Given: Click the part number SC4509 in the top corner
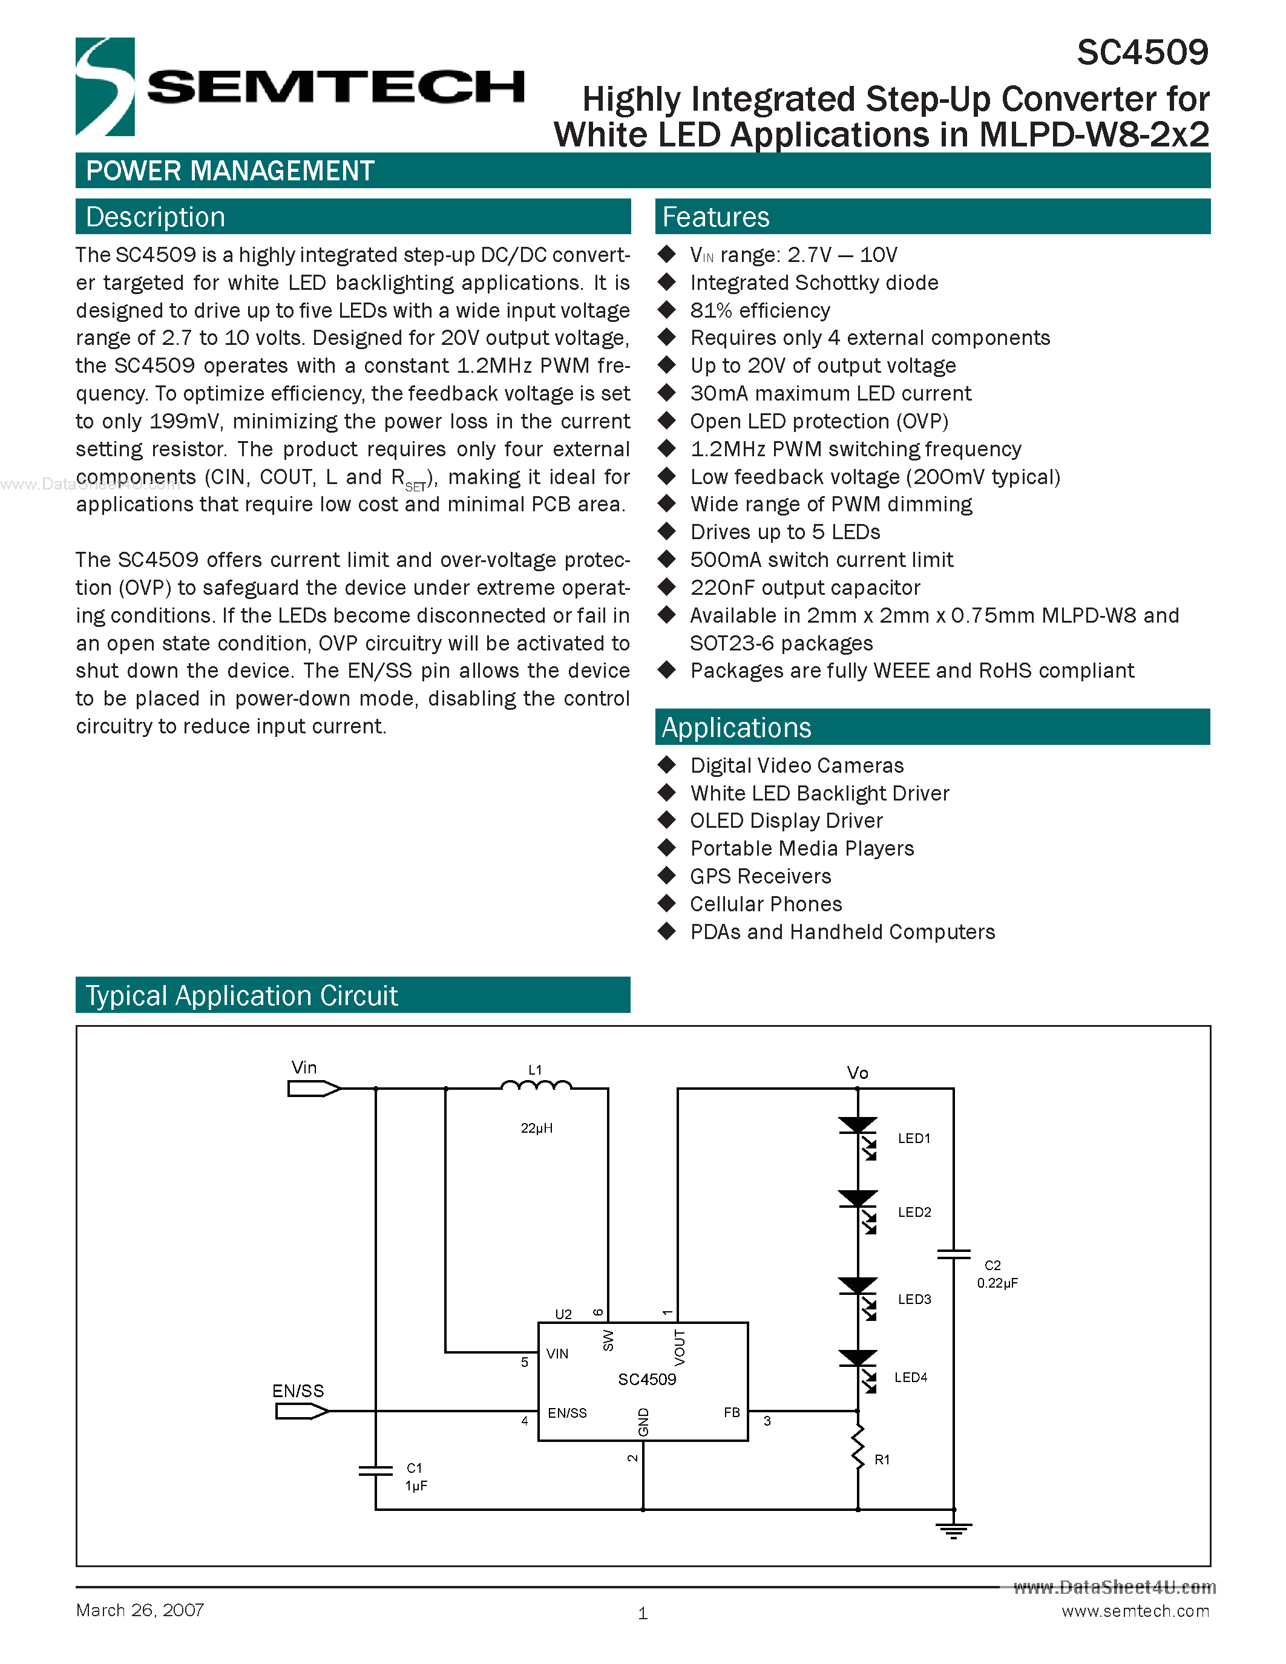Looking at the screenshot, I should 1142,53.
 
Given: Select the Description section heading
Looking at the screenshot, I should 156,217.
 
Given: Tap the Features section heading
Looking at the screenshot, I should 715,217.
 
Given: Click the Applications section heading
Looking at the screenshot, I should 736,727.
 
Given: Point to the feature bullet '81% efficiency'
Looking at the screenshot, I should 759,311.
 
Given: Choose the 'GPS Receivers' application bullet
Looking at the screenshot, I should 759,876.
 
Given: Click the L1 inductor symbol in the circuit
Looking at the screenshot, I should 536,1086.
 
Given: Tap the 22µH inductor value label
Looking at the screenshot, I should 536,1128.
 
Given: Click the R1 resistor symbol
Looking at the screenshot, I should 858,1447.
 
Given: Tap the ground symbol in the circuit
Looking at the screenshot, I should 953,1530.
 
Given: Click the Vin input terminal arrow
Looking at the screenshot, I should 313,1089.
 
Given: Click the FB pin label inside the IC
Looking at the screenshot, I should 732,1412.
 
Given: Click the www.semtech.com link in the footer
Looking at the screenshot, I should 1135,1611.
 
